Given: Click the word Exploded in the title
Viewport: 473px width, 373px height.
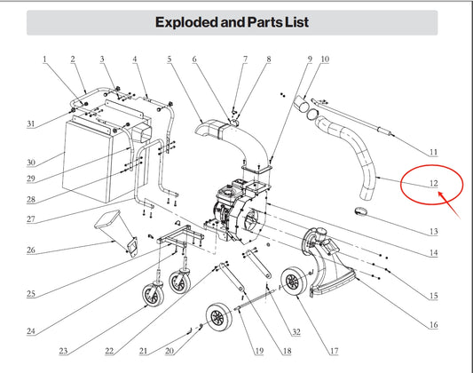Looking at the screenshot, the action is [x=186, y=22].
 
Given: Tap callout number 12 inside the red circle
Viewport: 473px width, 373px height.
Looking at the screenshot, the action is [x=433, y=183].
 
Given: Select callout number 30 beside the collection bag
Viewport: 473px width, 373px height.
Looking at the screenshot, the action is [x=31, y=163].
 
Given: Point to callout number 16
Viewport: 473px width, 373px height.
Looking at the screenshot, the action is [x=433, y=325].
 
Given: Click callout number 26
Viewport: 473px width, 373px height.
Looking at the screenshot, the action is [x=31, y=250].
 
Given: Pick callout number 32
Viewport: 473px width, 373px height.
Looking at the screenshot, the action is [x=296, y=332].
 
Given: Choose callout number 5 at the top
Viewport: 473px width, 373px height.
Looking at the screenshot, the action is [x=169, y=59].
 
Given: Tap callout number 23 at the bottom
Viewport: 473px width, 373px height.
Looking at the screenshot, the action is [x=63, y=351].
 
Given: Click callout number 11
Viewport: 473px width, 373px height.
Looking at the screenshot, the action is [x=433, y=152].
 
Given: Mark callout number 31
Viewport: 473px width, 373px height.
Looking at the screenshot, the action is [x=31, y=123].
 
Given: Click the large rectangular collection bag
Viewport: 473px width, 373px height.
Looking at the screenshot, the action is [x=88, y=160].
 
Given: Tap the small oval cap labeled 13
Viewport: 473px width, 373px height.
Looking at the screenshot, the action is [x=360, y=211].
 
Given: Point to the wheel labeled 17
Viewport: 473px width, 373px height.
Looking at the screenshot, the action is [x=294, y=282].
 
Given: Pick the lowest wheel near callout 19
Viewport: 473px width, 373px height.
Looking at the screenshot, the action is [x=219, y=318].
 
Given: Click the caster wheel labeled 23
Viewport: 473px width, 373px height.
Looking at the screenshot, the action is [x=154, y=294].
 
